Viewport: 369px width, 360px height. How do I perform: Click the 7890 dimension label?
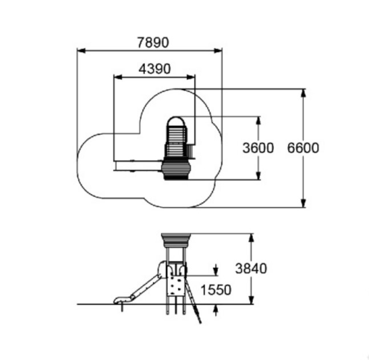pyautogui.click(x=153, y=43)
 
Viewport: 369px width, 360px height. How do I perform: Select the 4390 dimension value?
pyautogui.click(x=155, y=69)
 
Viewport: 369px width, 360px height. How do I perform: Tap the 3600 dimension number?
pyautogui.click(x=258, y=148)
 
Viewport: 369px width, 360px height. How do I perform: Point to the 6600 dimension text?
pyautogui.click(x=303, y=148)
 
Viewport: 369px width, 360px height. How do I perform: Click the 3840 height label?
pyautogui.click(x=251, y=268)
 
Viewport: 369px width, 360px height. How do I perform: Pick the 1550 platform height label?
pyautogui.click(x=216, y=290)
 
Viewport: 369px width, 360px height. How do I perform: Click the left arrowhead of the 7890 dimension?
pyautogui.click(x=82, y=51)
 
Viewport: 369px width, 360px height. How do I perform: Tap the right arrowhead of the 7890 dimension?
pyautogui.click(x=218, y=51)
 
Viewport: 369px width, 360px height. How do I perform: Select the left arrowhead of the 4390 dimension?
pyautogui.click(x=118, y=77)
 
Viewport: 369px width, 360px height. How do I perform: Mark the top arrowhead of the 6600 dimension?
pyautogui.click(x=303, y=93)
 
